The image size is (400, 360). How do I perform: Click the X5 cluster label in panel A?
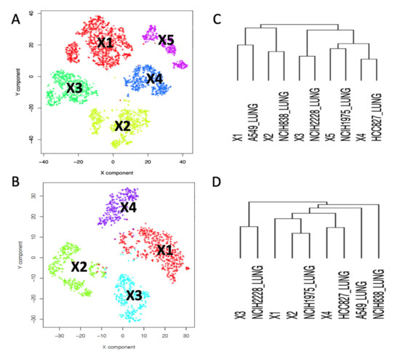click(x=167, y=40)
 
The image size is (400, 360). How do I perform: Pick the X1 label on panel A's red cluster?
click(x=105, y=44)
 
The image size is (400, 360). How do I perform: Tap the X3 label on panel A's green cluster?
click(x=75, y=88)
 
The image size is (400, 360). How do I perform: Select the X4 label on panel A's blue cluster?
click(x=154, y=78)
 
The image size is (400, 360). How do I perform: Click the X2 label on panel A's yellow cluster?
click(x=122, y=125)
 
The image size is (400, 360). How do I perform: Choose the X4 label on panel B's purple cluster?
click(x=128, y=207)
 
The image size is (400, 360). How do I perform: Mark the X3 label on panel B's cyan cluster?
click(x=134, y=295)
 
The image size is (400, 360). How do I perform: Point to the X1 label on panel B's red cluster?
click(x=164, y=249)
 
